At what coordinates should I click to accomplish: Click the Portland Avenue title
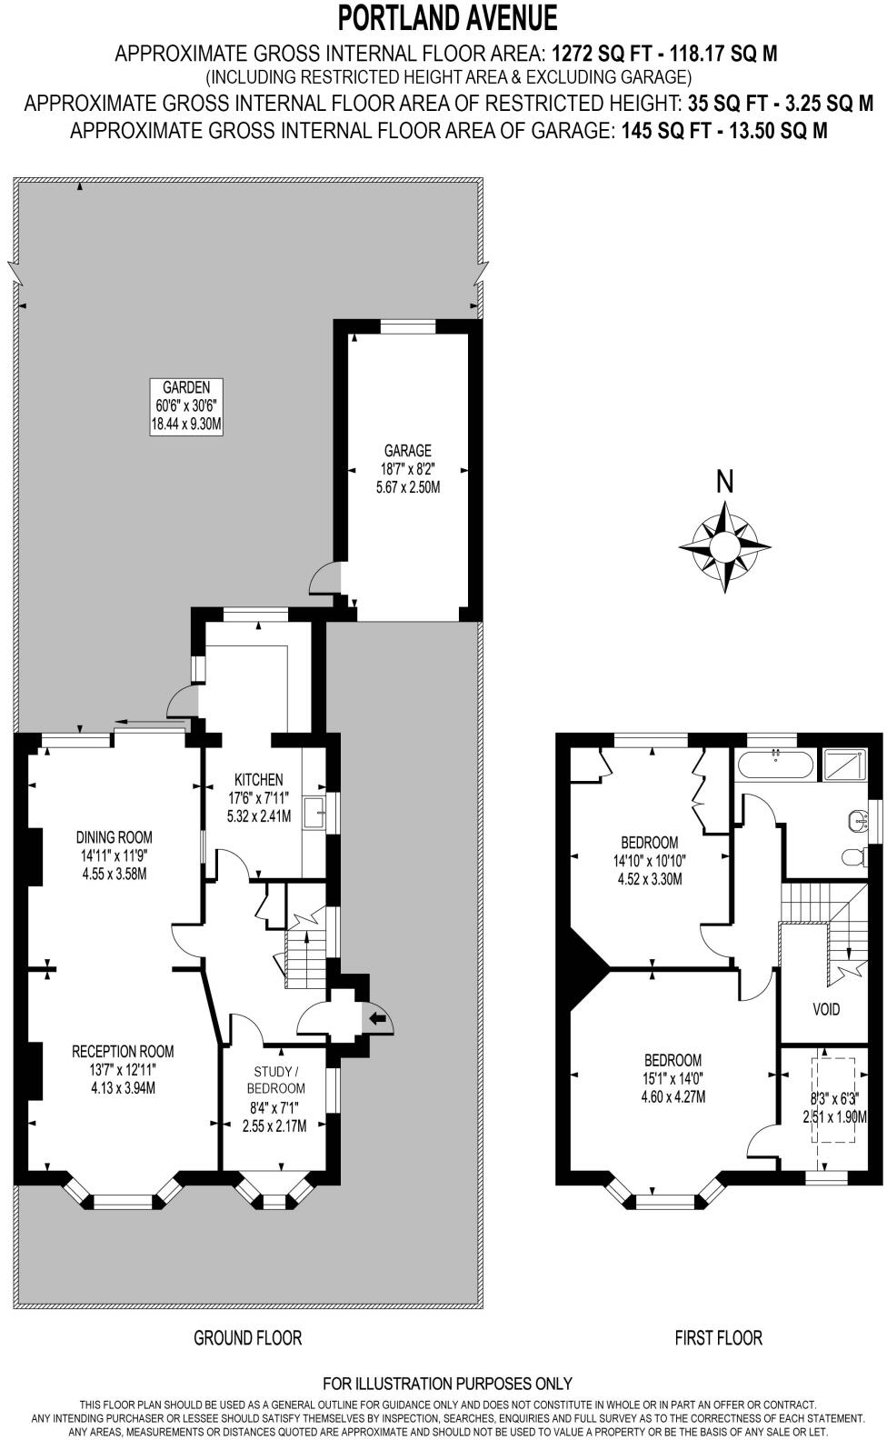pos(447,18)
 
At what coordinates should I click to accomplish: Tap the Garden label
pos(186,386)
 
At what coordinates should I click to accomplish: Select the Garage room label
pos(407,450)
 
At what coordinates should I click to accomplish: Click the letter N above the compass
pos(724,483)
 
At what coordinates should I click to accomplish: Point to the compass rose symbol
pos(724,546)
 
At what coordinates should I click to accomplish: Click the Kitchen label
pos(258,779)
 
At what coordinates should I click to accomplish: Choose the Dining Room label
pos(114,837)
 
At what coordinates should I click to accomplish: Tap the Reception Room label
pos(123,1051)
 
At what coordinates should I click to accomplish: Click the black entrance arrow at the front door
pos(377,1019)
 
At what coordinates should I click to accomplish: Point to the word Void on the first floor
pos(826,1009)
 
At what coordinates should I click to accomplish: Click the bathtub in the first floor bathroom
pos(774,765)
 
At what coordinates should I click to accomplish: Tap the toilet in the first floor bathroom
pos(854,855)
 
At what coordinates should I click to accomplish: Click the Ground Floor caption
pos(247,1337)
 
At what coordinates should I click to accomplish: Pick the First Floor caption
pos(718,1337)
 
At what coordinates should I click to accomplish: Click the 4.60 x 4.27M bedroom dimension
pos(673,1097)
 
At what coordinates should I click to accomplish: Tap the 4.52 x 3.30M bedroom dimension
pos(649,879)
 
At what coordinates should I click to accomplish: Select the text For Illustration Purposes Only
pos(447,1384)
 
